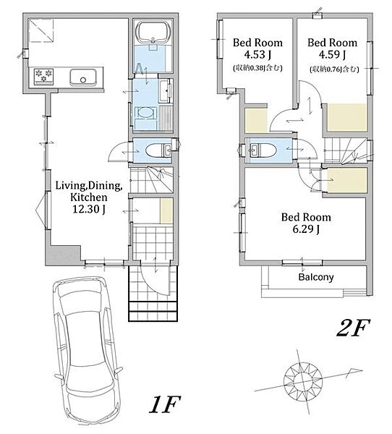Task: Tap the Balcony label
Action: [316, 277]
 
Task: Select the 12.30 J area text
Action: [88, 209]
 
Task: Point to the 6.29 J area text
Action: [306, 229]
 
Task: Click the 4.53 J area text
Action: [257, 54]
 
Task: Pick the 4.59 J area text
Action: [332, 54]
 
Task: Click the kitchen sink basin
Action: [83, 77]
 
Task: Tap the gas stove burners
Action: [43, 75]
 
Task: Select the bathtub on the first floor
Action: [153, 33]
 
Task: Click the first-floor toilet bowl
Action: [155, 150]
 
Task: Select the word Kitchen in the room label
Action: [88, 197]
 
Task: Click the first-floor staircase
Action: [152, 179]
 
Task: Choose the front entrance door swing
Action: [155, 278]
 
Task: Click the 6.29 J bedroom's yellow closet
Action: [347, 180]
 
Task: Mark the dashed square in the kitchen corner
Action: [41, 30]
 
